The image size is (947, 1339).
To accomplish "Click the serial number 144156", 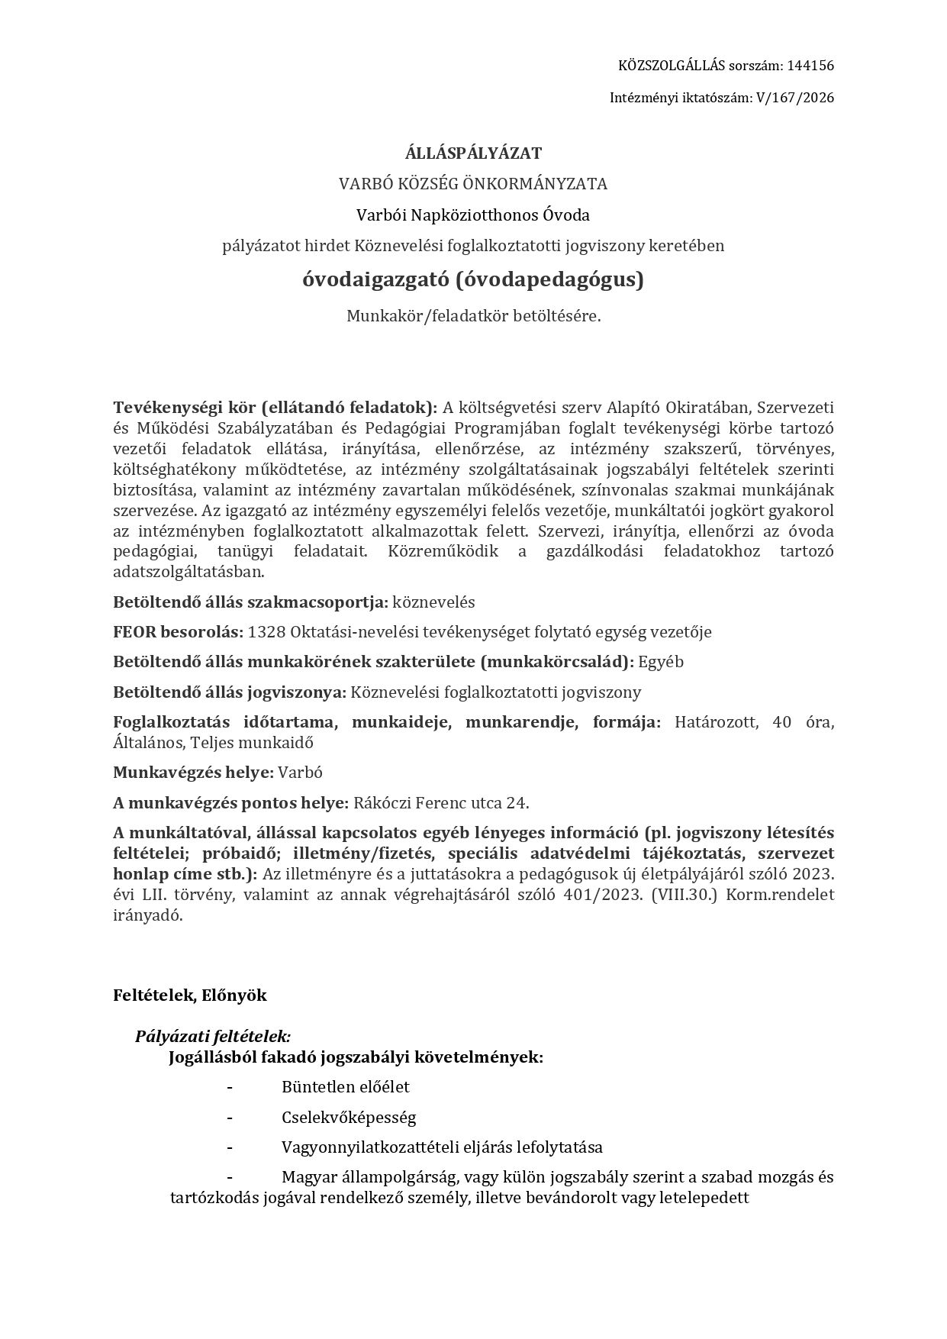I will coord(810,66).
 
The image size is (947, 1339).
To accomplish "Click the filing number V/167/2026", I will coord(794,98).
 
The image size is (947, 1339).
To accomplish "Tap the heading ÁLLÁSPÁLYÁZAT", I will coord(473,153).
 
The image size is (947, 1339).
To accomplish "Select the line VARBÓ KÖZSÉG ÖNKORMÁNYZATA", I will coord(473,184).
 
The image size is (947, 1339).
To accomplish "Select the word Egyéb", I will coord(661,662).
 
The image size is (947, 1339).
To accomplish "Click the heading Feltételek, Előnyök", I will coord(190,995).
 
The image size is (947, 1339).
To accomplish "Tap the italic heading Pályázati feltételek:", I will coord(213,1037).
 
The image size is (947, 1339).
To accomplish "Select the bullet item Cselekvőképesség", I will coord(348,1118).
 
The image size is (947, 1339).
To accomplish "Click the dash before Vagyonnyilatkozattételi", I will coord(229,1147).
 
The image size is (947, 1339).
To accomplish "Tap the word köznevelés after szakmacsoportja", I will coord(433,602).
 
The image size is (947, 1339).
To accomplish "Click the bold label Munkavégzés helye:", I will coord(193,773).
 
